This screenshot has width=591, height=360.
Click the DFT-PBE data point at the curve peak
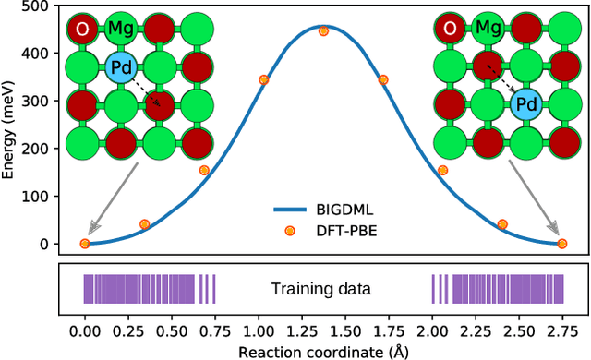[x=323, y=30]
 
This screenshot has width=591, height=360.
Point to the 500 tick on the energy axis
[x=40, y=6]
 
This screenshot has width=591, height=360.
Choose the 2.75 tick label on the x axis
[x=562, y=330]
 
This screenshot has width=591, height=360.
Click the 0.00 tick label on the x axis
[x=85, y=330]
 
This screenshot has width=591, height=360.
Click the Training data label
[x=320, y=289]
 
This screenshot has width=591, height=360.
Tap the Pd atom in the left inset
[x=120, y=67]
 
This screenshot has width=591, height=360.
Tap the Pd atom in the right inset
[x=526, y=104]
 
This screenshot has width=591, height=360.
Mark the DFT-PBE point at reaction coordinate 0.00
[x=85, y=244]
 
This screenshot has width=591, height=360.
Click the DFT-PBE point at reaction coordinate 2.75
[x=561, y=244]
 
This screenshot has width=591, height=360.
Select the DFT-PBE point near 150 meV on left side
[x=204, y=170]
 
